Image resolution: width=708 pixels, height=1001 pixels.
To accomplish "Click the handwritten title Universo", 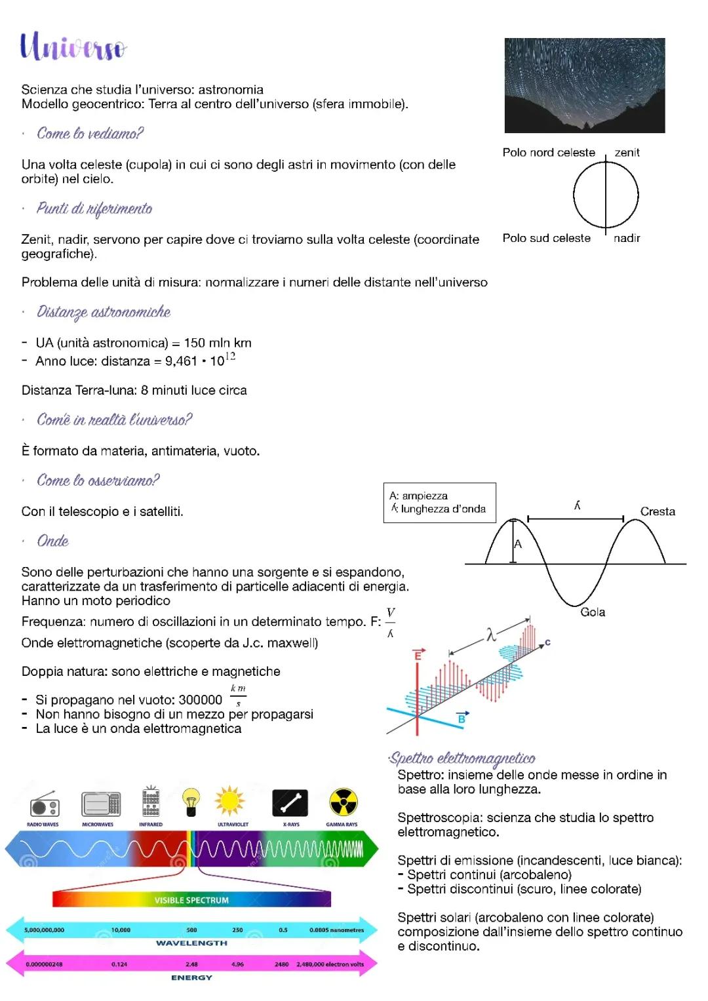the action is click(x=73, y=47).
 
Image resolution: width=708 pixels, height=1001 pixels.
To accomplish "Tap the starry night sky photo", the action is click(x=584, y=85).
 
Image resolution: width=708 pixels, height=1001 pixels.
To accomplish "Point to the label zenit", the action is click(x=627, y=153).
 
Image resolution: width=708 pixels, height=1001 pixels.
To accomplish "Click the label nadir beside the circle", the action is click(x=627, y=239).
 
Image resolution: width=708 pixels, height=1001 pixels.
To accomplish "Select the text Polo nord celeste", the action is click(x=549, y=153).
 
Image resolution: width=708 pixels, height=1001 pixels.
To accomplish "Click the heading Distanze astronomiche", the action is click(x=104, y=312).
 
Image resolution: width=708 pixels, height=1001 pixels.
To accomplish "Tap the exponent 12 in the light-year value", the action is click(x=230, y=356).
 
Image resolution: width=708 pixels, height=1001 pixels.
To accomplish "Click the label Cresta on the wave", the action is click(x=657, y=511).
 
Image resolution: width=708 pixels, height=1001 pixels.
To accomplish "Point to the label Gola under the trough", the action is click(x=593, y=612).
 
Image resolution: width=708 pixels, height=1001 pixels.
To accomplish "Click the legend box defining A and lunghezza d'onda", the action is click(x=439, y=503).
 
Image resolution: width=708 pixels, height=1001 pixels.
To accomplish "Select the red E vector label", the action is click(x=418, y=656).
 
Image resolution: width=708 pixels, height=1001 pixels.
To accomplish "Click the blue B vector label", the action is click(x=462, y=718).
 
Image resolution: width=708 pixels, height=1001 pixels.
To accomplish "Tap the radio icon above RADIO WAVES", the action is click(x=44, y=804).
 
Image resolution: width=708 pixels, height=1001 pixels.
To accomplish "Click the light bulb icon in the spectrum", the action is click(x=191, y=802).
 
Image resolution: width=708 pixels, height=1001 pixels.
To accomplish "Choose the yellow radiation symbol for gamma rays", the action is click(x=343, y=802).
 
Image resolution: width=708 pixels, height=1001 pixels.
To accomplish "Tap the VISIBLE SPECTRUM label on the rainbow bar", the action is click(x=191, y=900).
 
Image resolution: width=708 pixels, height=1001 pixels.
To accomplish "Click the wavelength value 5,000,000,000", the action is click(x=45, y=930).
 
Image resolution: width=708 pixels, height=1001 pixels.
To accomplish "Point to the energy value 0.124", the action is click(x=119, y=964).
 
